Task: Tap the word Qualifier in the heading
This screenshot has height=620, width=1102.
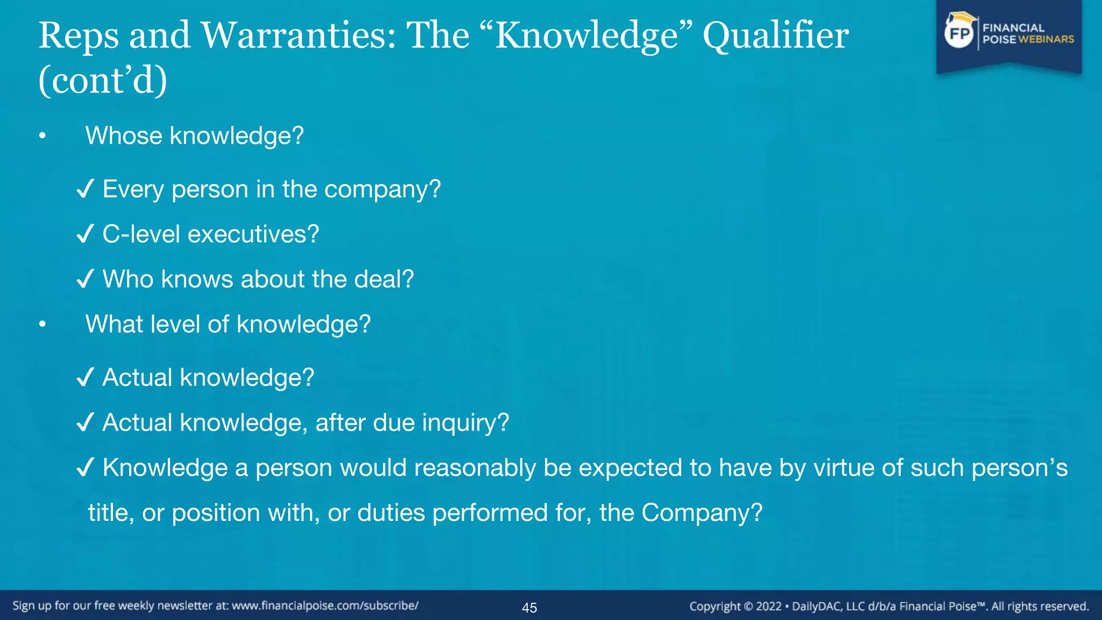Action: coord(775,36)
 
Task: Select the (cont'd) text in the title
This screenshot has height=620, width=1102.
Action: coord(103,81)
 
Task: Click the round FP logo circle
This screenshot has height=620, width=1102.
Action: coord(959,33)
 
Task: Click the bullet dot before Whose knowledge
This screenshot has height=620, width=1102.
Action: coord(43,136)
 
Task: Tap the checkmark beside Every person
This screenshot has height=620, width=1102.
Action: coord(86,189)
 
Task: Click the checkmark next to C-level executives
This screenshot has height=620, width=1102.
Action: coord(86,234)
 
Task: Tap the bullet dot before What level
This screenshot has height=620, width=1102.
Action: coord(43,325)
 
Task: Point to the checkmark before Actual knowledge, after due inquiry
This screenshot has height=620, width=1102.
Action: coord(86,422)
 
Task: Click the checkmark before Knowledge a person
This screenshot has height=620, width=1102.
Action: coord(86,468)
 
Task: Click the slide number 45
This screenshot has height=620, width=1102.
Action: coord(529,608)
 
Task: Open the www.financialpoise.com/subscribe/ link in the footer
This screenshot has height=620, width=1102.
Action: coord(325,606)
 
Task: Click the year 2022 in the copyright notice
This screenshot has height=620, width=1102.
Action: coord(768,607)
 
